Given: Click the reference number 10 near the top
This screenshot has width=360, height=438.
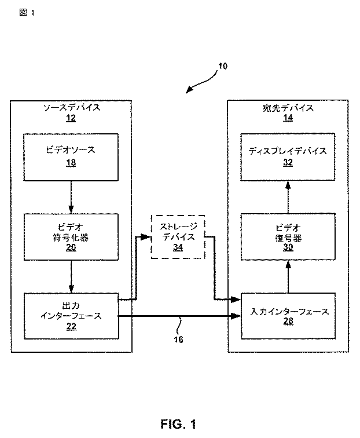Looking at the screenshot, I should point(223,66).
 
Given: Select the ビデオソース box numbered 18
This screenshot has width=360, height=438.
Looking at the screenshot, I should point(71,157).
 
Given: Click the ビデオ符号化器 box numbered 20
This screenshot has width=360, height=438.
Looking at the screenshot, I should point(71,238).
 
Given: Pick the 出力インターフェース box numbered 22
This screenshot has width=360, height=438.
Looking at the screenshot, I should point(71,316).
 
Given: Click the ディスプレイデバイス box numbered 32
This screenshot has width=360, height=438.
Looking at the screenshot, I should point(288,157).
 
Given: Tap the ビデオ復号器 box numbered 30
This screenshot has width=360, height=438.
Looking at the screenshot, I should point(288,238).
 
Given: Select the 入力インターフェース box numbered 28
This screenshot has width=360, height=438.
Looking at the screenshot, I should point(288,316).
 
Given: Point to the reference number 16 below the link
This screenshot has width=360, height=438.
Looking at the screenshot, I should point(178,340).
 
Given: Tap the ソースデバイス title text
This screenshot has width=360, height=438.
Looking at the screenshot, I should point(71,108).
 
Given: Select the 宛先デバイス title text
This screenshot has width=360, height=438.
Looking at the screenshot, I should point(288,108).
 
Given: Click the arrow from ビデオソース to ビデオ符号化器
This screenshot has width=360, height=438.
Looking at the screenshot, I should point(71,197).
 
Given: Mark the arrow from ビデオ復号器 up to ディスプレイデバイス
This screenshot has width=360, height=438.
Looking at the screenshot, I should point(288,197).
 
